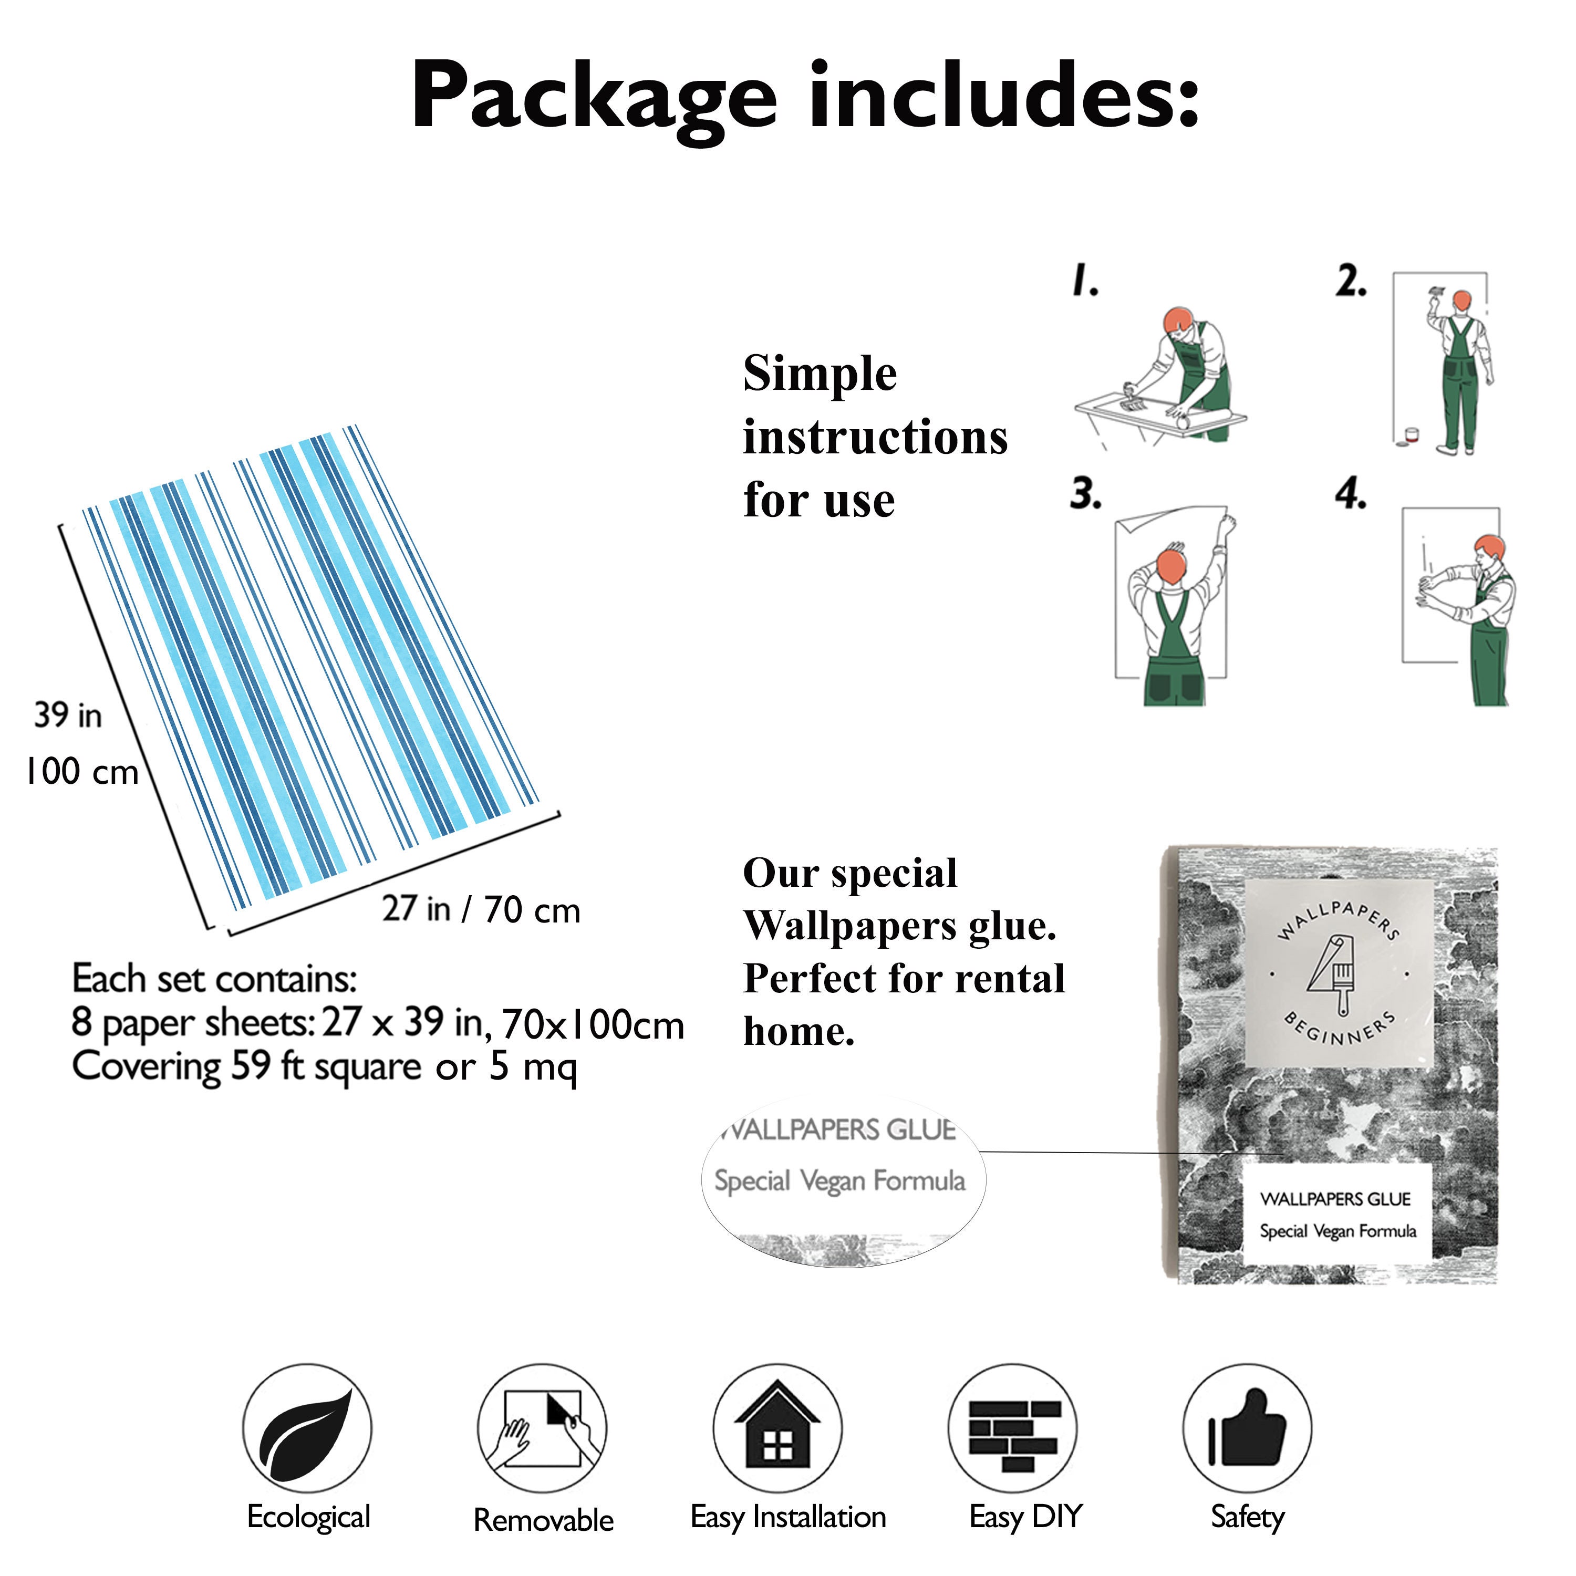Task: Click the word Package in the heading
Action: click(593, 98)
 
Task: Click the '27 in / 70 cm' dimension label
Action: click(481, 909)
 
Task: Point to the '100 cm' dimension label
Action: click(82, 771)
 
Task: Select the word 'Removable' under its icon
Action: click(543, 1520)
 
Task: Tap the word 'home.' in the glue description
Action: click(799, 1032)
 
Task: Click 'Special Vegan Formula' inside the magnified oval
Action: click(840, 1181)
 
